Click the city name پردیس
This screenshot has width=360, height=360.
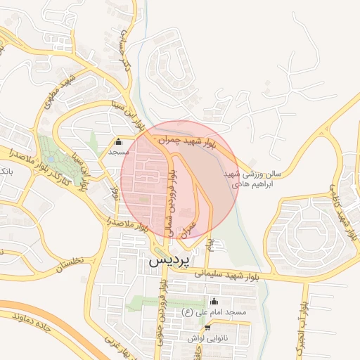coord(169,260)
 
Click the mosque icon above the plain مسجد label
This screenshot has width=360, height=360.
coord(117,141)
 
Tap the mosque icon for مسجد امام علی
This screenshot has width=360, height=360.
coord(214,302)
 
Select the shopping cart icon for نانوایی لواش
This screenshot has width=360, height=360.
coord(207,328)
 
